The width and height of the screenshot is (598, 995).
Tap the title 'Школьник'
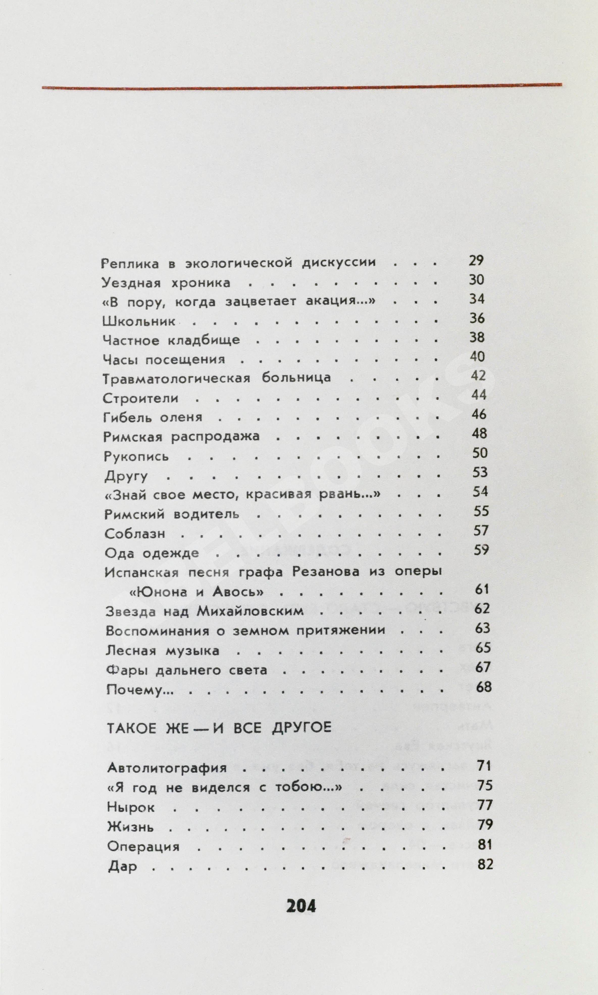[139, 321]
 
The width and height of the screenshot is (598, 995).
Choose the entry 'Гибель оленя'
[153, 417]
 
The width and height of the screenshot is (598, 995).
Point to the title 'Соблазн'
[135, 534]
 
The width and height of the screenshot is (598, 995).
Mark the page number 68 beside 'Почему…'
[484, 687]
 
